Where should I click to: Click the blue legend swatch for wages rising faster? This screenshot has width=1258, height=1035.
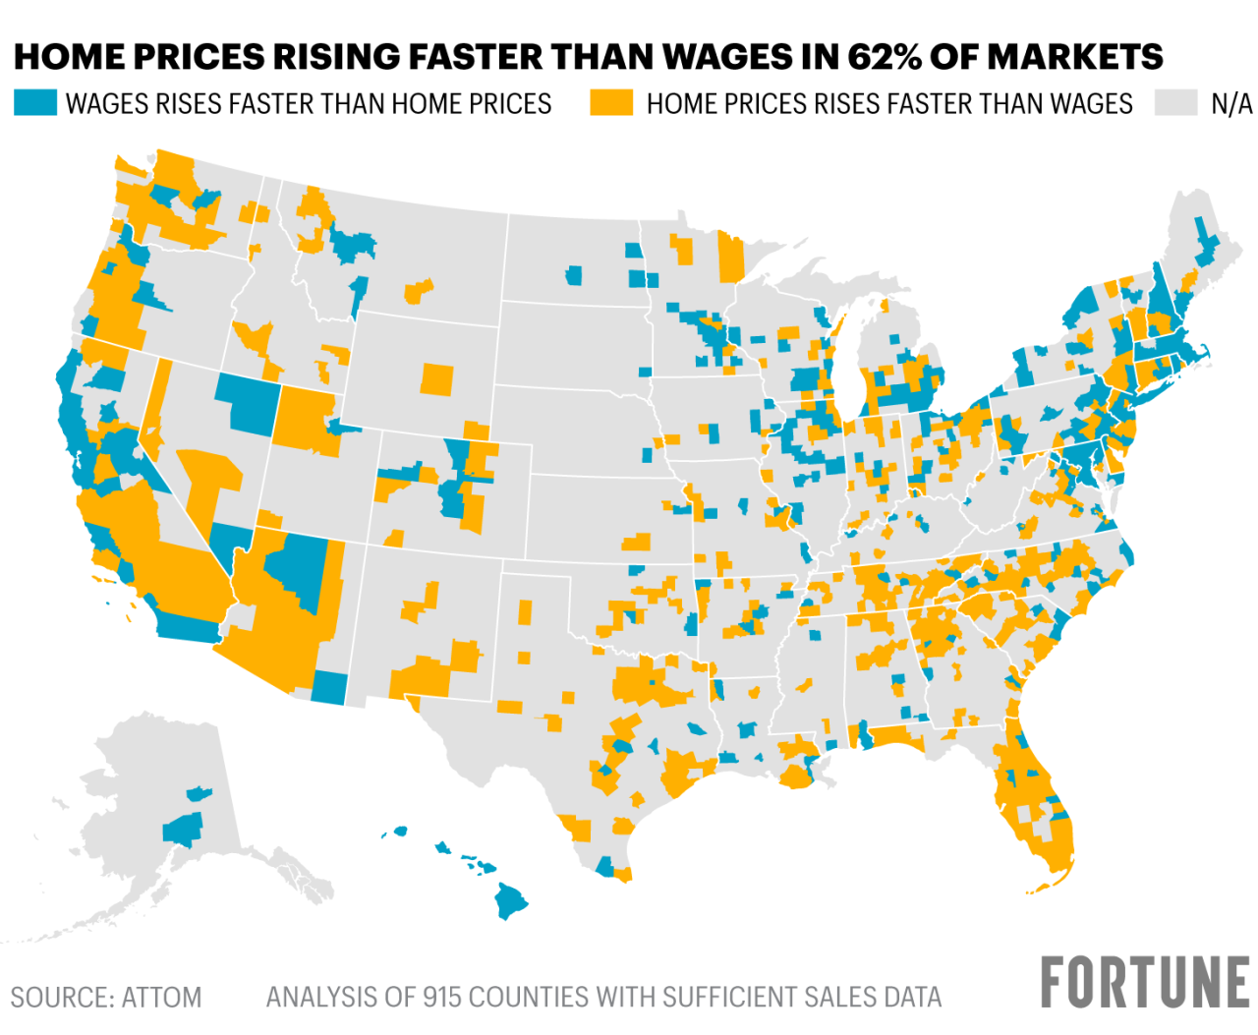click(35, 103)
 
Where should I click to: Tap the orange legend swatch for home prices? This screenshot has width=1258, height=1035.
click(610, 103)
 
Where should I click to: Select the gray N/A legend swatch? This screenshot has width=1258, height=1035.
click(1174, 103)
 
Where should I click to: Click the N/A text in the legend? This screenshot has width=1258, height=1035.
click(1230, 104)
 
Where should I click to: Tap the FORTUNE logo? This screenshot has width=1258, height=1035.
click(1144, 982)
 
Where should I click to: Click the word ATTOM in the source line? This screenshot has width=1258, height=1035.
click(161, 998)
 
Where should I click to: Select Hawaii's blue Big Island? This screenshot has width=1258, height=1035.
click(511, 898)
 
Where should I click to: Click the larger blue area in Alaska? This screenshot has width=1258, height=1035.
click(183, 831)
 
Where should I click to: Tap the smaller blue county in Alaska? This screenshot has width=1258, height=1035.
click(199, 791)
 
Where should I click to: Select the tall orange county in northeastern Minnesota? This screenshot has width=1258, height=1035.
click(731, 258)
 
